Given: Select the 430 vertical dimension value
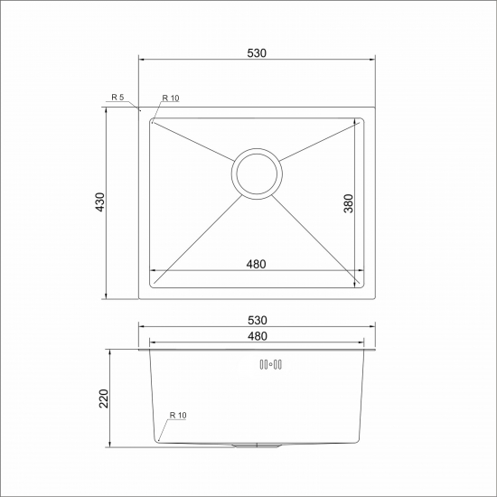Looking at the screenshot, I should click(99, 203).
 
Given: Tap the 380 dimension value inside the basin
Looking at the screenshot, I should click(348, 204).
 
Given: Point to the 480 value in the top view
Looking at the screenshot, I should click(256, 264).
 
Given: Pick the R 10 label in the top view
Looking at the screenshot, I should click(171, 98).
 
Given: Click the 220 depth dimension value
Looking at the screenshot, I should click(103, 398).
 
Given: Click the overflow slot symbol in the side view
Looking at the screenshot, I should click(271, 365).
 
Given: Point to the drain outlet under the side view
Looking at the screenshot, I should click(257, 446).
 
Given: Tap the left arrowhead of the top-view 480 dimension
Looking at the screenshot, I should click(153, 270).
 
